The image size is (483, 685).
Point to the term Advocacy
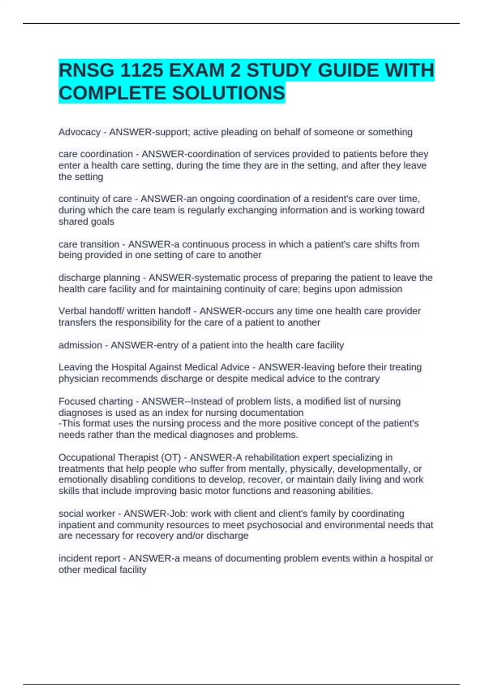tap(79, 132)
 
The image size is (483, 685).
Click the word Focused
tap(75, 401)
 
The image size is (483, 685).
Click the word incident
tap(73, 558)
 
